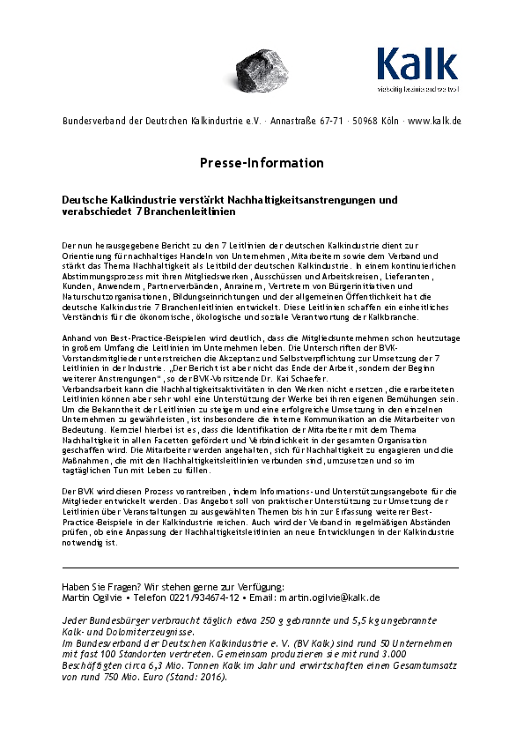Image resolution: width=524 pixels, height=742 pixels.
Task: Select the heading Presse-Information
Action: point(262,163)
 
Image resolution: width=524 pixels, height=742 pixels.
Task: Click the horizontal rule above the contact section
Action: point(260,568)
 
